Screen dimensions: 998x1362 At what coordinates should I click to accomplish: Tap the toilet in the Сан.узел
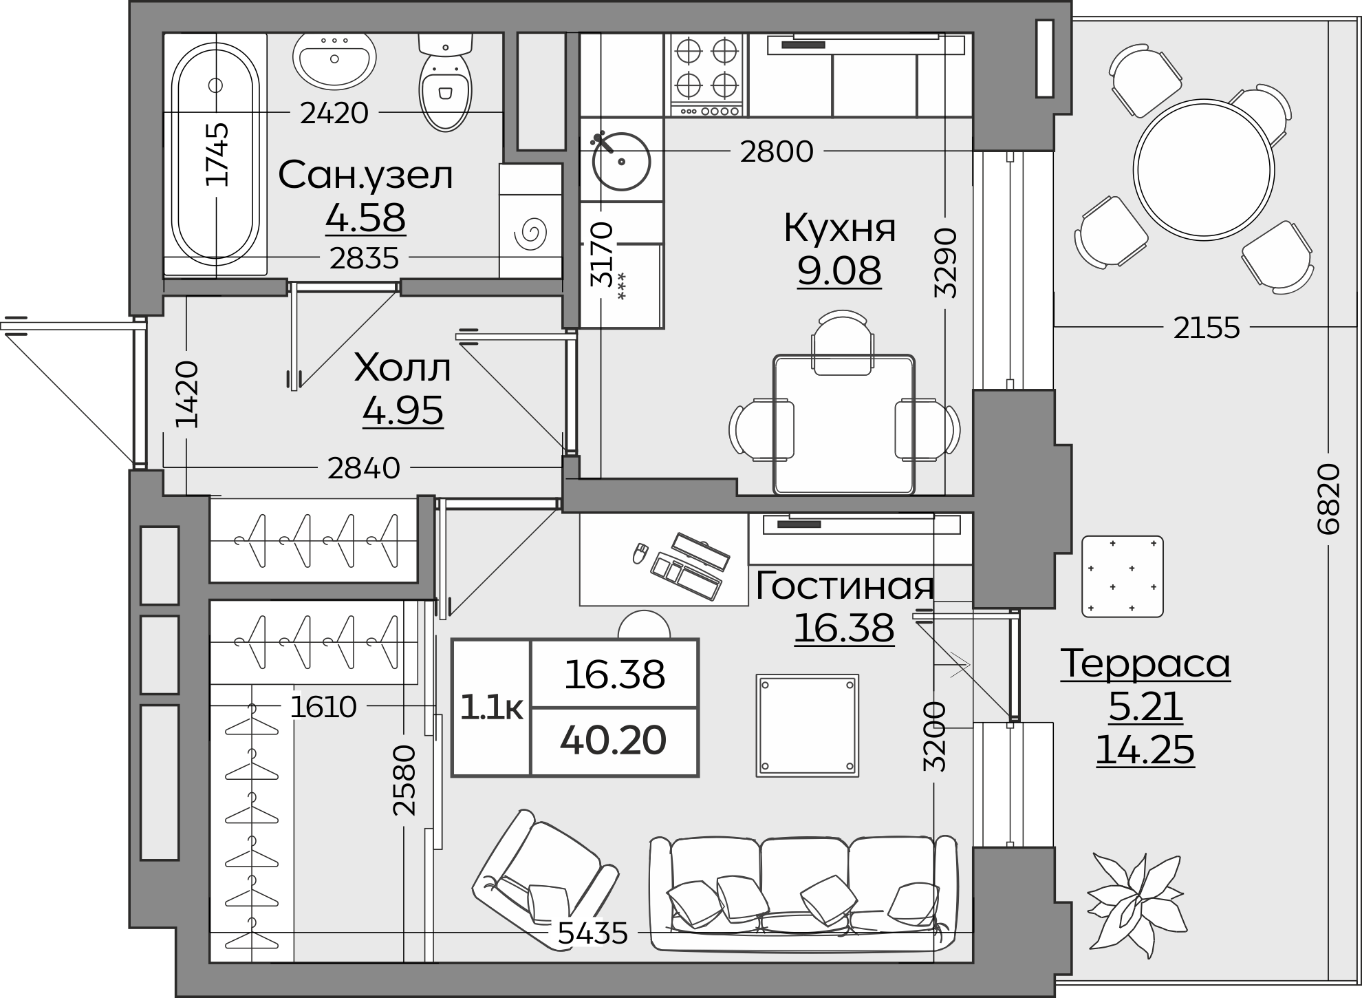[x=445, y=86]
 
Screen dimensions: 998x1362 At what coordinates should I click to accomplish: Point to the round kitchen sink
[x=620, y=161]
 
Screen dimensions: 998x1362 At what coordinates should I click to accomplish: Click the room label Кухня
[x=839, y=228]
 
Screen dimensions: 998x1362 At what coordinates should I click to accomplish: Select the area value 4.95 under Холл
[x=402, y=411]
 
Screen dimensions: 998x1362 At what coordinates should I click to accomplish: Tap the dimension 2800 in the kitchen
[x=777, y=151]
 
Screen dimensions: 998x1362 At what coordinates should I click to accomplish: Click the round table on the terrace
[x=1203, y=169]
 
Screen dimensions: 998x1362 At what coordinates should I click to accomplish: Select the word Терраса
[x=1145, y=664]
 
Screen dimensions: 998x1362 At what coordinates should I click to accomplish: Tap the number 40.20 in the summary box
[x=613, y=741]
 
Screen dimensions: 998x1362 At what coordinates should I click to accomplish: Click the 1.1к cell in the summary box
[x=491, y=708]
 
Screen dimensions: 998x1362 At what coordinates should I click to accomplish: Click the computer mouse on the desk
[x=640, y=553]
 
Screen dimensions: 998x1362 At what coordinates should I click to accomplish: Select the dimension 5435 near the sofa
[x=592, y=934]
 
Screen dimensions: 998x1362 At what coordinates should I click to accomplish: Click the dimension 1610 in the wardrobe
[x=323, y=707]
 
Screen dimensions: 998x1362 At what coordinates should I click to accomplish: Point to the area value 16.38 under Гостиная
[x=844, y=628]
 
